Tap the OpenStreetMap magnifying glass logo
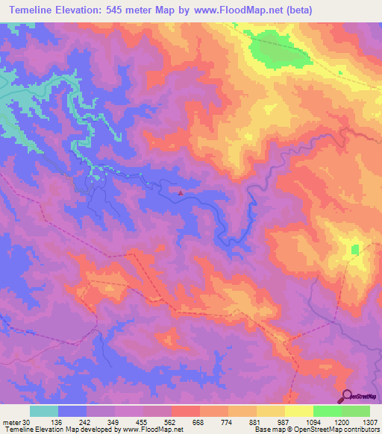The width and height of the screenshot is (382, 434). pyautogui.click(x=347, y=396)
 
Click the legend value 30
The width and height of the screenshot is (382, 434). pyautogui.click(x=26, y=423)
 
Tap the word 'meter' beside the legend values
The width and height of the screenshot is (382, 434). pyautogui.click(x=11, y=423)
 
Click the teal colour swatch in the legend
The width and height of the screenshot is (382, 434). pyautogui.click(x=44, y=411)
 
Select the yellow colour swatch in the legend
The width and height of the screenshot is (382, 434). pyautogui.click(x=298, y=411)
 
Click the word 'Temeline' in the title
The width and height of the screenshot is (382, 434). pyautogui.click(x=35, y=10)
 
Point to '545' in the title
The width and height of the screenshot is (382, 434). pyautogui.click(x=129, y=10)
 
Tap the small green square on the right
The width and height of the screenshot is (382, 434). pyautogui.click(x=355, y=248)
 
